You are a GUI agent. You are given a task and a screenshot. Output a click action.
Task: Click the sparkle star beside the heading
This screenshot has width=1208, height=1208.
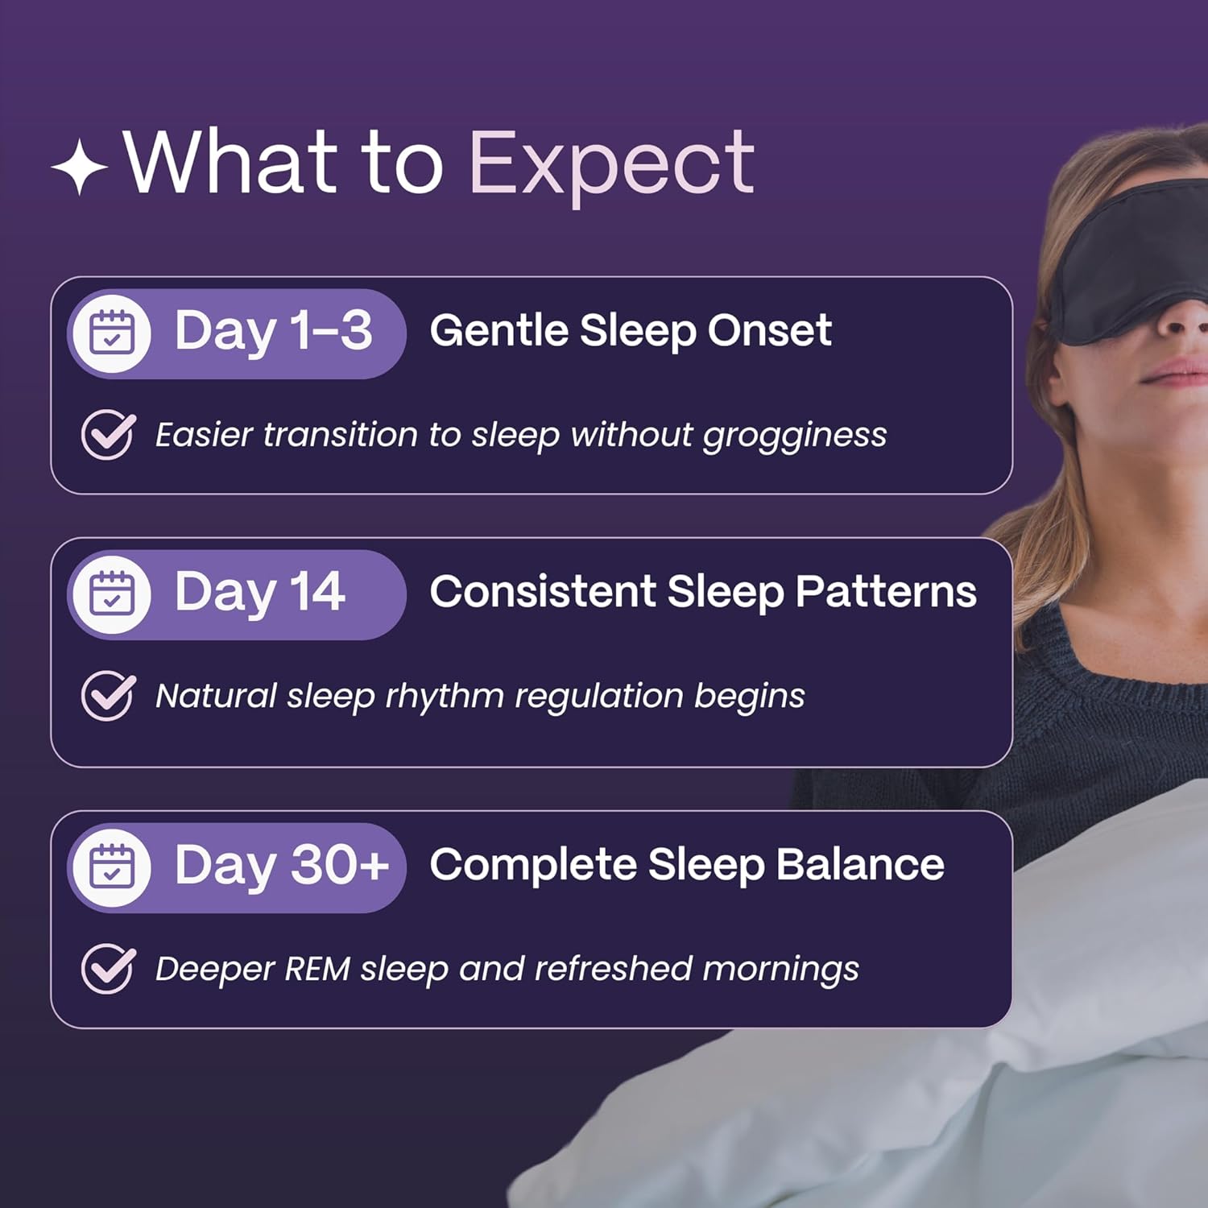pyautogui.click(x=80, y=167)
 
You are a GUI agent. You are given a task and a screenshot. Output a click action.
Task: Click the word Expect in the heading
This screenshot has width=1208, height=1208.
pyautogui.click(x=611, y=164)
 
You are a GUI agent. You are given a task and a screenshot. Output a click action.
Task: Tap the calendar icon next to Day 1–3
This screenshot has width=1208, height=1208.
pyautogui.click(x=112, y=333)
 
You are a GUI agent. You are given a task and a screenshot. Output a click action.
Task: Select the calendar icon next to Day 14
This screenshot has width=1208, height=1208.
pyautogui.click(x=112, y=594)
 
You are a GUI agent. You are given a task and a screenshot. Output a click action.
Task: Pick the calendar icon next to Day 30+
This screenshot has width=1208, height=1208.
pyautogui.click(x=112, y=867)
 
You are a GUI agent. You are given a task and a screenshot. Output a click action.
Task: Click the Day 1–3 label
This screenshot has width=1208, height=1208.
pyautogui.click(x=273, y=331)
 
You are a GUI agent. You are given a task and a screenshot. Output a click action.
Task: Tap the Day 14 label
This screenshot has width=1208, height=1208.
pyautogui.click(x=259, y=592)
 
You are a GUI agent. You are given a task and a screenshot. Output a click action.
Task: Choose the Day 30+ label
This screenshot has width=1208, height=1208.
pyautogui.click(x=281, y=865)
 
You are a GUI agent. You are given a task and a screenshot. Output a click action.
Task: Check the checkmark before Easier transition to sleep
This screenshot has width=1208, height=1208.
pyautogui.click(x=108, y=434)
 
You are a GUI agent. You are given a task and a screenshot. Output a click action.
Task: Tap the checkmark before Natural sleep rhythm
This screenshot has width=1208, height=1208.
pyautogui.click(x=108, y=695)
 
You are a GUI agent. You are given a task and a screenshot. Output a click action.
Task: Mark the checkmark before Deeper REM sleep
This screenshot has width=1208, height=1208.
pyautogui.click(x=108, y=968)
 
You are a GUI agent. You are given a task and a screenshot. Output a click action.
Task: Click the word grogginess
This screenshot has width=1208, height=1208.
pyautogui.click(x=794, y=436)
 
